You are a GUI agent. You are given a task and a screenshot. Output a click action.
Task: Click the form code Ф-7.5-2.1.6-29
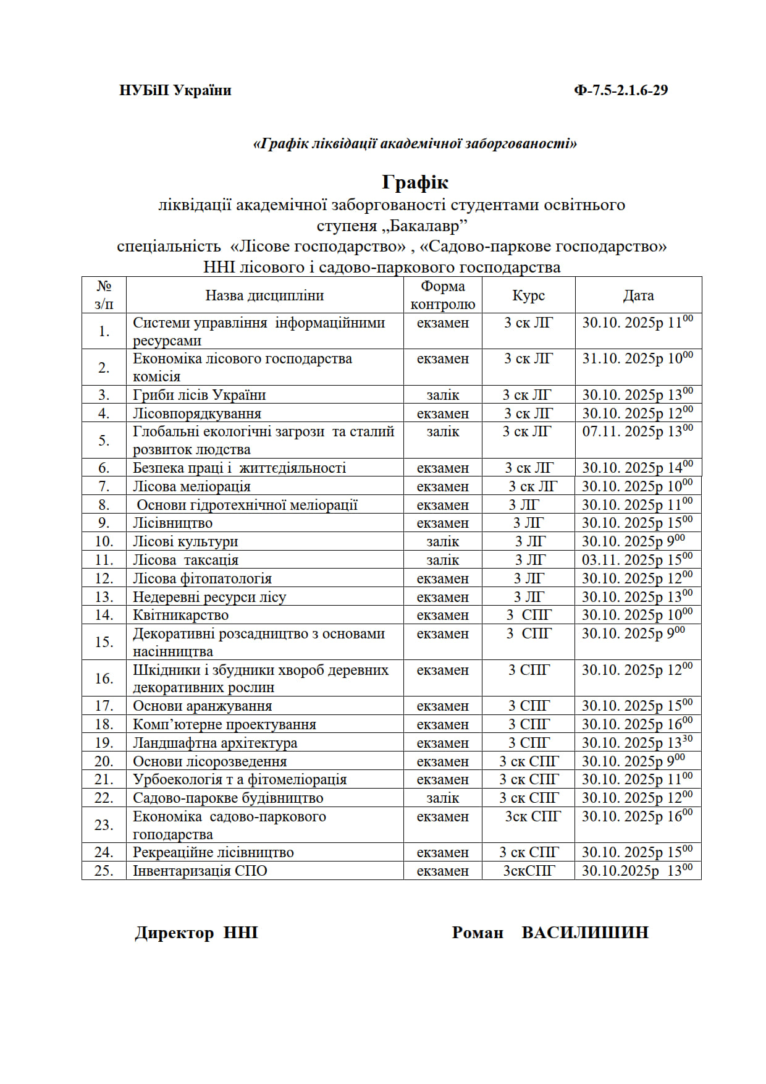621,90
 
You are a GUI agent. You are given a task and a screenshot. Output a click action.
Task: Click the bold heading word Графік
415,182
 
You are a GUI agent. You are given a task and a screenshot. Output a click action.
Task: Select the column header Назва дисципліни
264,295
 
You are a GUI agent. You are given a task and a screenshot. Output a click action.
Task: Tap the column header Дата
638,295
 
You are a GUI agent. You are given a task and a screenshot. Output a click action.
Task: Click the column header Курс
528,295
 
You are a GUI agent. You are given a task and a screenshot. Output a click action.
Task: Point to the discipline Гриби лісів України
199,395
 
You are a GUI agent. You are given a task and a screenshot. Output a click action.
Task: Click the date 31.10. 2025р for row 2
623,359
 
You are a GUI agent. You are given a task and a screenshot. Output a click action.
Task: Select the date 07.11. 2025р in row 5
623,432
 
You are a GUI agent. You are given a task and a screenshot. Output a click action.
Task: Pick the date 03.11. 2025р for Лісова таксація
623,560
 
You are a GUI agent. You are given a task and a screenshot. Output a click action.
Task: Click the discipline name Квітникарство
180,615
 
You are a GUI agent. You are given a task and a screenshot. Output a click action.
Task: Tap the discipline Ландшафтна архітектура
215,743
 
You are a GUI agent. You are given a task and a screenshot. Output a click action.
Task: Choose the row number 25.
104,871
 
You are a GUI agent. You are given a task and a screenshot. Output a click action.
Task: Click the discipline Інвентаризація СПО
200,871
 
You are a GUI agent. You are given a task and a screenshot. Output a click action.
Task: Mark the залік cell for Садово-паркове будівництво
442,798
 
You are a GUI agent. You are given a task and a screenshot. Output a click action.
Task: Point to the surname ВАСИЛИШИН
584,933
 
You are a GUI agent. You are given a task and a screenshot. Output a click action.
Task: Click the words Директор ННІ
196,933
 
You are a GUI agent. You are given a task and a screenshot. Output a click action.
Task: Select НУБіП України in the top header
175,90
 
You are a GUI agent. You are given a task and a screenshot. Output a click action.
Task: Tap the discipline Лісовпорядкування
197,413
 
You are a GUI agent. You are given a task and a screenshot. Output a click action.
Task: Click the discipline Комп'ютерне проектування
224,724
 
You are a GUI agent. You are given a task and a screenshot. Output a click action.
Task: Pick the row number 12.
104,578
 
